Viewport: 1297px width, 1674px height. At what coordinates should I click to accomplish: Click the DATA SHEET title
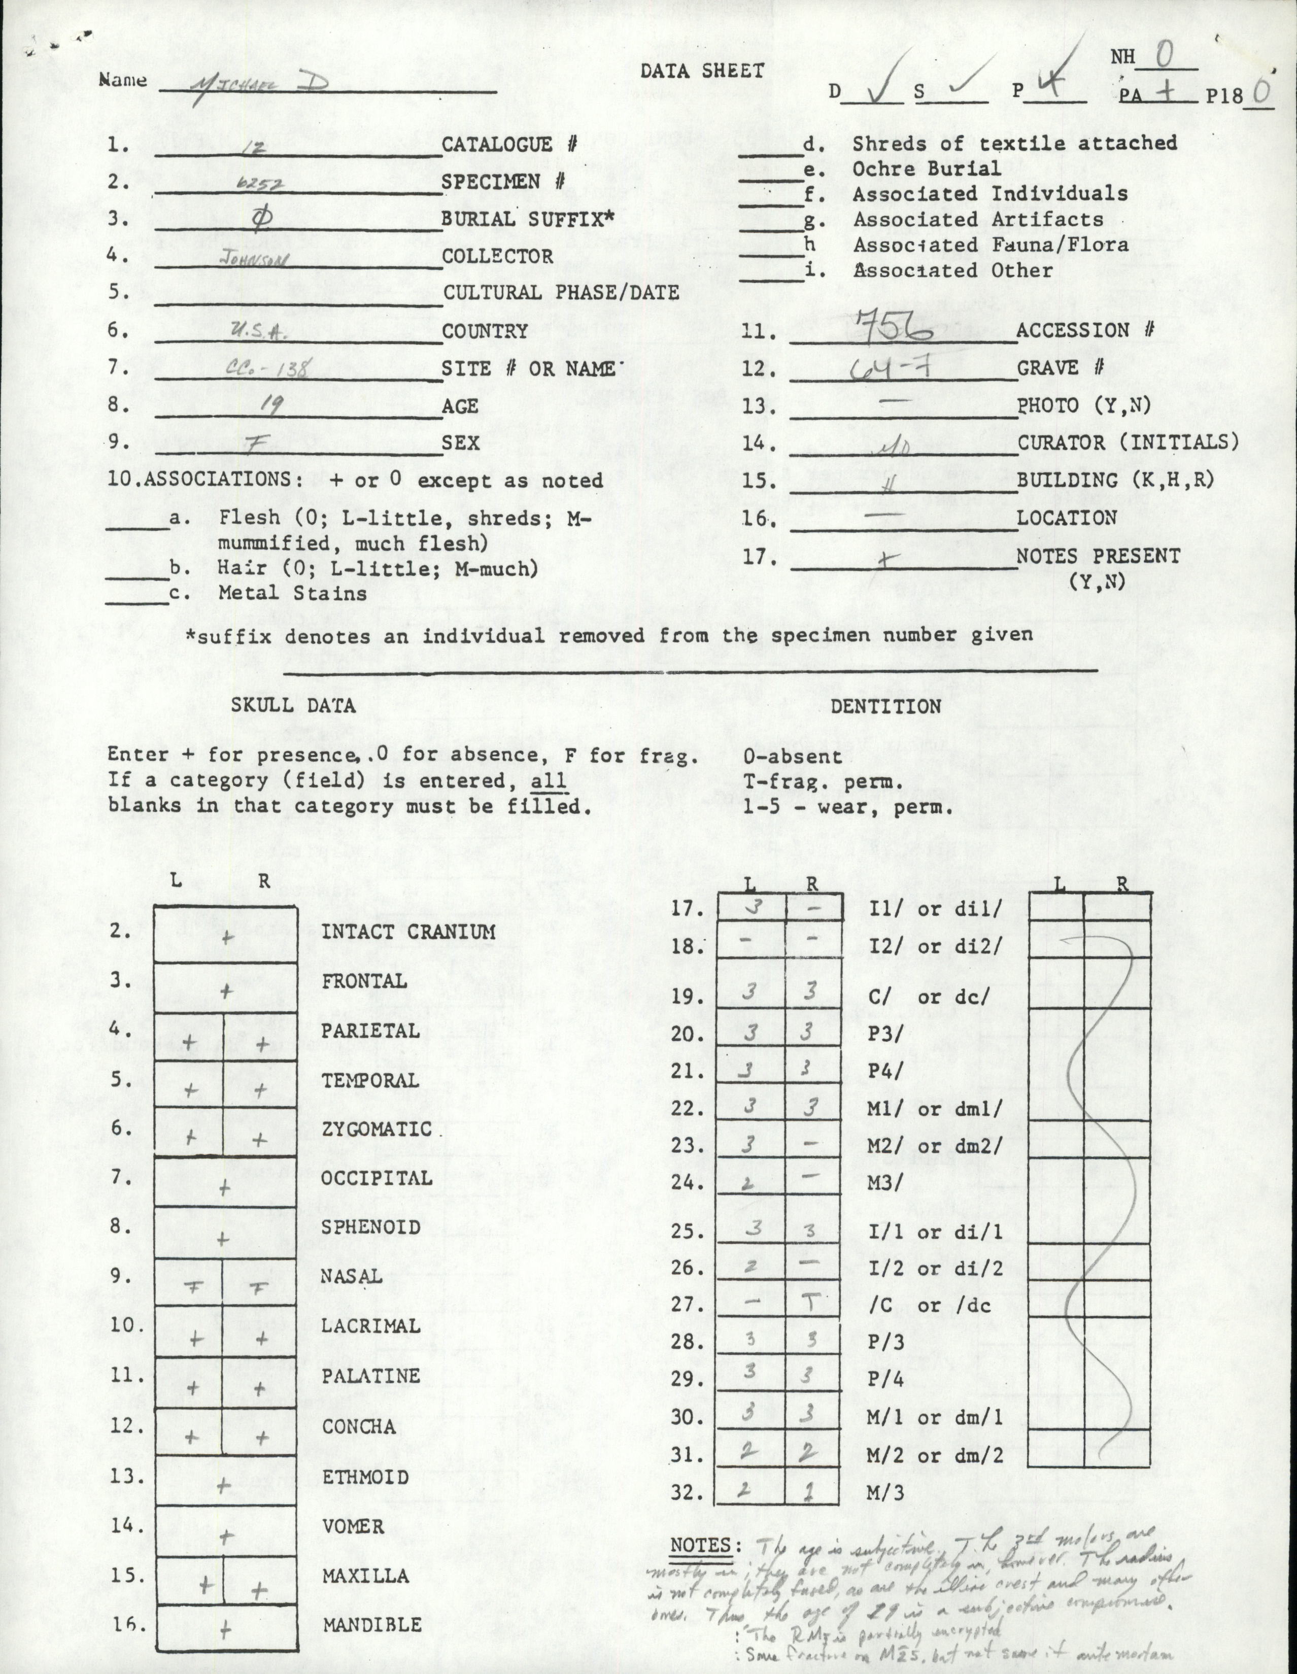[x=703, y=71]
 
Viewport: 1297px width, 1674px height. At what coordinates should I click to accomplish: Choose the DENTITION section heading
[x=885, y=706]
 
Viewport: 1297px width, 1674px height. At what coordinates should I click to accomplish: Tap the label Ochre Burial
[x=927, y=168]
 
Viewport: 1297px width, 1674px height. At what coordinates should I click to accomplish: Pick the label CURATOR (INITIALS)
[x=1128, y=443]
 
